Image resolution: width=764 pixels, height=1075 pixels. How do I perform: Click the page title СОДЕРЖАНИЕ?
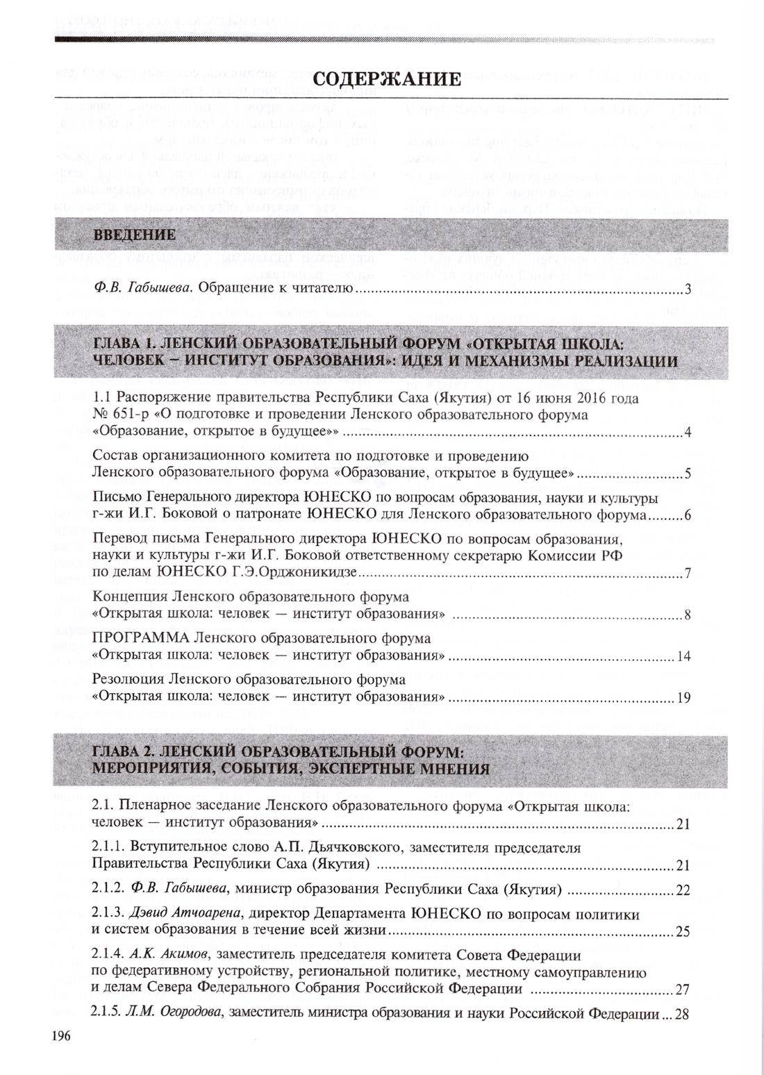(x=386, y=78)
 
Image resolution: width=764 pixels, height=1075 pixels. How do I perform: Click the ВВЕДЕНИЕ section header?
(x=136, y=235)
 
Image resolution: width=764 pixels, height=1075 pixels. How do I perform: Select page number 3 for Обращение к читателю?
(x=687, y=289)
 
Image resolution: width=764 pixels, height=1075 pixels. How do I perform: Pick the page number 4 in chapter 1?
(x=687, y=434)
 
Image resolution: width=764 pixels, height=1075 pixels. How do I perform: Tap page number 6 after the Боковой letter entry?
(x=687, y=517)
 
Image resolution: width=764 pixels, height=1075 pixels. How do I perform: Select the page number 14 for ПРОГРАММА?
(x=683, y=656)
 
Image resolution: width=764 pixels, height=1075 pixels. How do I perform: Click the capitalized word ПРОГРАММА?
(x=141, y=638)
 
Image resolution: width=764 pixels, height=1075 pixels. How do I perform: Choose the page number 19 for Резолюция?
(x=683, y=698)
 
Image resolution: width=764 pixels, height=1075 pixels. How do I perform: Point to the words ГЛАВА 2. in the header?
(x=125, y=753)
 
